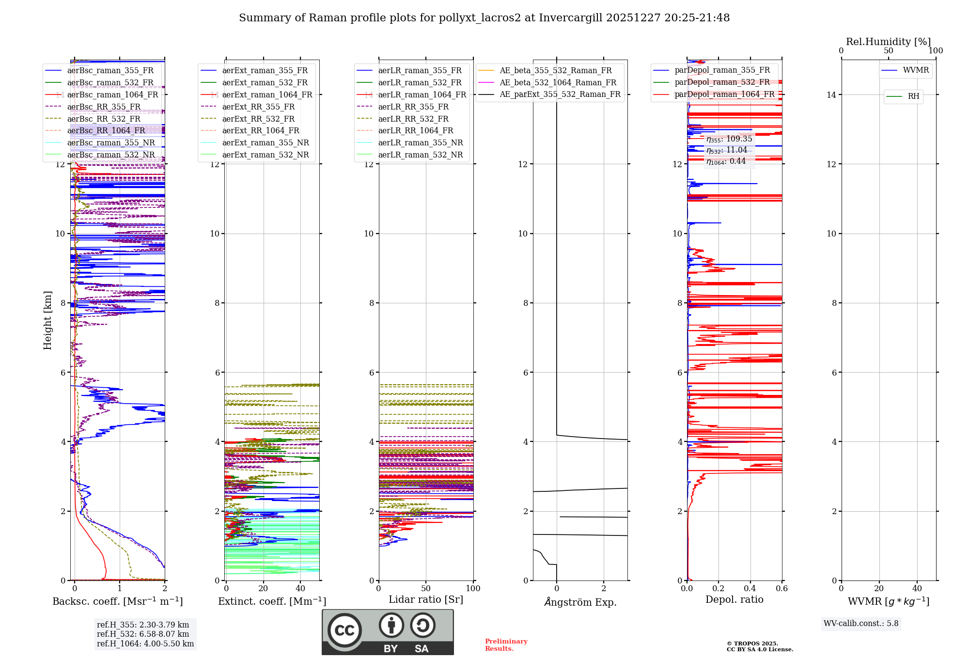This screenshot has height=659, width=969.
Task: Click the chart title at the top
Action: pos(484,18)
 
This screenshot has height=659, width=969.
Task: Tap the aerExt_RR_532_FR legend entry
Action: pos(258,119)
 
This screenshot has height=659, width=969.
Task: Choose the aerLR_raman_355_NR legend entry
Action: pos(420,142)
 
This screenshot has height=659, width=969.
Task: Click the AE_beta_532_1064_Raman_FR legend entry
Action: pos(558,82)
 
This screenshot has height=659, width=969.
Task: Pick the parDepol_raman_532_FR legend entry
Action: pos(722,82)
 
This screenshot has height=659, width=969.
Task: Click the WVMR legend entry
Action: pos(916,70)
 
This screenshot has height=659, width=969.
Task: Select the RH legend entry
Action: pos(913,96)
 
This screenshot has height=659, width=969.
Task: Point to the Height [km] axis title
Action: pos(47,320)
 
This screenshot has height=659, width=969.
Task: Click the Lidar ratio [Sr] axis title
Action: pos(426,599)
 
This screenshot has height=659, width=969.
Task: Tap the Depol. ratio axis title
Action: pos(734,599)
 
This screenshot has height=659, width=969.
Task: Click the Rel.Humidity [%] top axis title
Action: pos(888,42)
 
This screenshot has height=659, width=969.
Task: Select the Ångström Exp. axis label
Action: pos(580,602)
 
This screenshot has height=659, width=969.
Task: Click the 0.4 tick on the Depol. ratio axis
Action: pos(750,588)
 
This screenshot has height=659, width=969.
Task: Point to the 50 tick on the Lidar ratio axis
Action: pos(426,588)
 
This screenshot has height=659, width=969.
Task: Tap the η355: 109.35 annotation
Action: pos(729,139)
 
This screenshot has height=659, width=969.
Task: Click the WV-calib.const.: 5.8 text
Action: pos(861,623)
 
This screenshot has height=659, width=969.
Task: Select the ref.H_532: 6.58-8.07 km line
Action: pos(143,634)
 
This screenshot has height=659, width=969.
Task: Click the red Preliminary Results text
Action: pos(506,644)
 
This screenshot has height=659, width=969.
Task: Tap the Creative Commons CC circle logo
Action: pos(344,630)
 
